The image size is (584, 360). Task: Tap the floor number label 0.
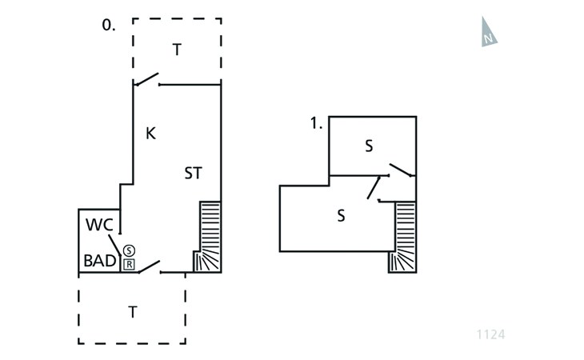tap(108, 26)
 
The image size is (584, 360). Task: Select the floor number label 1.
tap(316, 123)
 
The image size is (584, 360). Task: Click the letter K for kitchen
tap(150, 134)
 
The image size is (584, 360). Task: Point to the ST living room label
tap(193, 173)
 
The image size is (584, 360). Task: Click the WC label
tap(99, 224)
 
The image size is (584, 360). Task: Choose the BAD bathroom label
tap(100, 261)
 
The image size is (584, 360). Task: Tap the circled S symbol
tap(129, 250)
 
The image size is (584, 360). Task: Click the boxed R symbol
tap(129, 264)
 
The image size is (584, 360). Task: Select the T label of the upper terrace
tap(177, 50)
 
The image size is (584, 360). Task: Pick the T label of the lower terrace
tap(133, 312)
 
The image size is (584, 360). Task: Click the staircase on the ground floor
tap(208, 237)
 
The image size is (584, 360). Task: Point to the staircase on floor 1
tap(404, 237)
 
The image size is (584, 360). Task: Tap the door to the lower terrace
tap(150, 267)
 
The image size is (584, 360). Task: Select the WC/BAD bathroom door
tap(115, 246)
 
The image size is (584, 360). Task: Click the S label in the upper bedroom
tap(369, 146)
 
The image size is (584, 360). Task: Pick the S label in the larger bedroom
tap(341, 215)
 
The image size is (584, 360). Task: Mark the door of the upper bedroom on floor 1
tap(401, 170)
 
